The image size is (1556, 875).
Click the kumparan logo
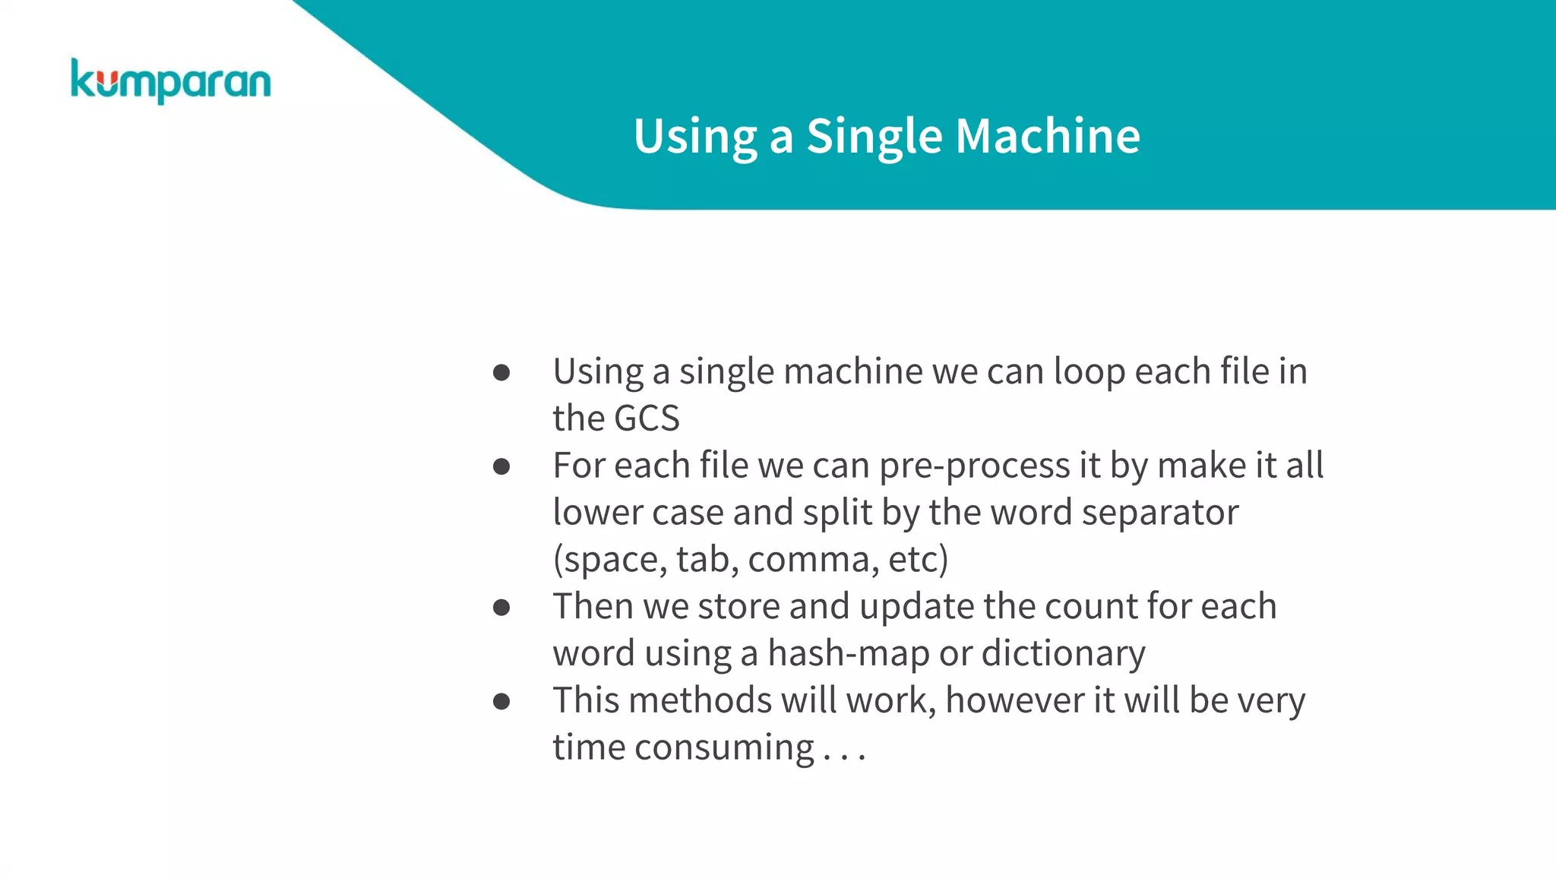pyautogui.click(x=170, y=81)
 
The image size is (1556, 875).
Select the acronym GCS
pyautogui.click(x=647, y=419)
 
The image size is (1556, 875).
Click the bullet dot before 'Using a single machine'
pyautogui.click(x=501, y=372)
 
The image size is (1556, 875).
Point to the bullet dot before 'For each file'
pyautogui.click(x=501, y=466)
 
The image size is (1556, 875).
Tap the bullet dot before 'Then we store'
pyautogui.click(x=501, y=607)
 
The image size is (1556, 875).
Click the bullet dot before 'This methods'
pyautogui.click(x=501, y=701)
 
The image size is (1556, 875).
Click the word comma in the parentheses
pyautogui.click(x=808, y=560)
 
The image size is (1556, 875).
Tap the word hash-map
pyautogui.click(x=848, y=654)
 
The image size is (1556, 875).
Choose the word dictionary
pyautogui.click(x=1063, y=654)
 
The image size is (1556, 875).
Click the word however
pyautogui.click(x=1015, y=700)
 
